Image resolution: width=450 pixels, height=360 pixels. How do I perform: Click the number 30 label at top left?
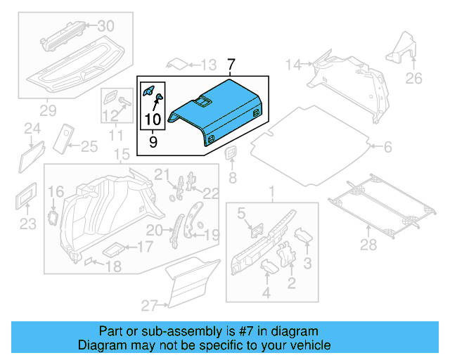105,26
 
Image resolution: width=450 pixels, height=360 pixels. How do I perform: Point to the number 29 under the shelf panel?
47,110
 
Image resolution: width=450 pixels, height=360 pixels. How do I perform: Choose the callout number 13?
207,65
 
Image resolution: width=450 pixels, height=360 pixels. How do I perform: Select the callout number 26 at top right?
414,77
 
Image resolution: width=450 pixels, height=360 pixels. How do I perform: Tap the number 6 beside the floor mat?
387,147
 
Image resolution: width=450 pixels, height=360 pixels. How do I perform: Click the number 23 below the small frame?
27,224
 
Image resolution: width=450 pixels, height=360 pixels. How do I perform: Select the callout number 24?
32,128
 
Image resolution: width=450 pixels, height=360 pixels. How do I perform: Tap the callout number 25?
89,146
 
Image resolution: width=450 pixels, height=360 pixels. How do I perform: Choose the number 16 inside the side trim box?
56,191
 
